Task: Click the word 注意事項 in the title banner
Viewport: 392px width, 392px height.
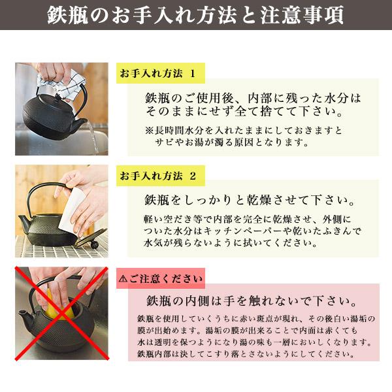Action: [301, 16]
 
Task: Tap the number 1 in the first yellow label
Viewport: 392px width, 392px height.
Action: [192, 72]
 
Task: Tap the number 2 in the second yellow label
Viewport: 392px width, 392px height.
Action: [192, 176]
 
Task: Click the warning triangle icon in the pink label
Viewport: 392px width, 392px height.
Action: [124, 280]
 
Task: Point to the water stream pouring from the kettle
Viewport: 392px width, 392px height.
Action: [94, 139]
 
